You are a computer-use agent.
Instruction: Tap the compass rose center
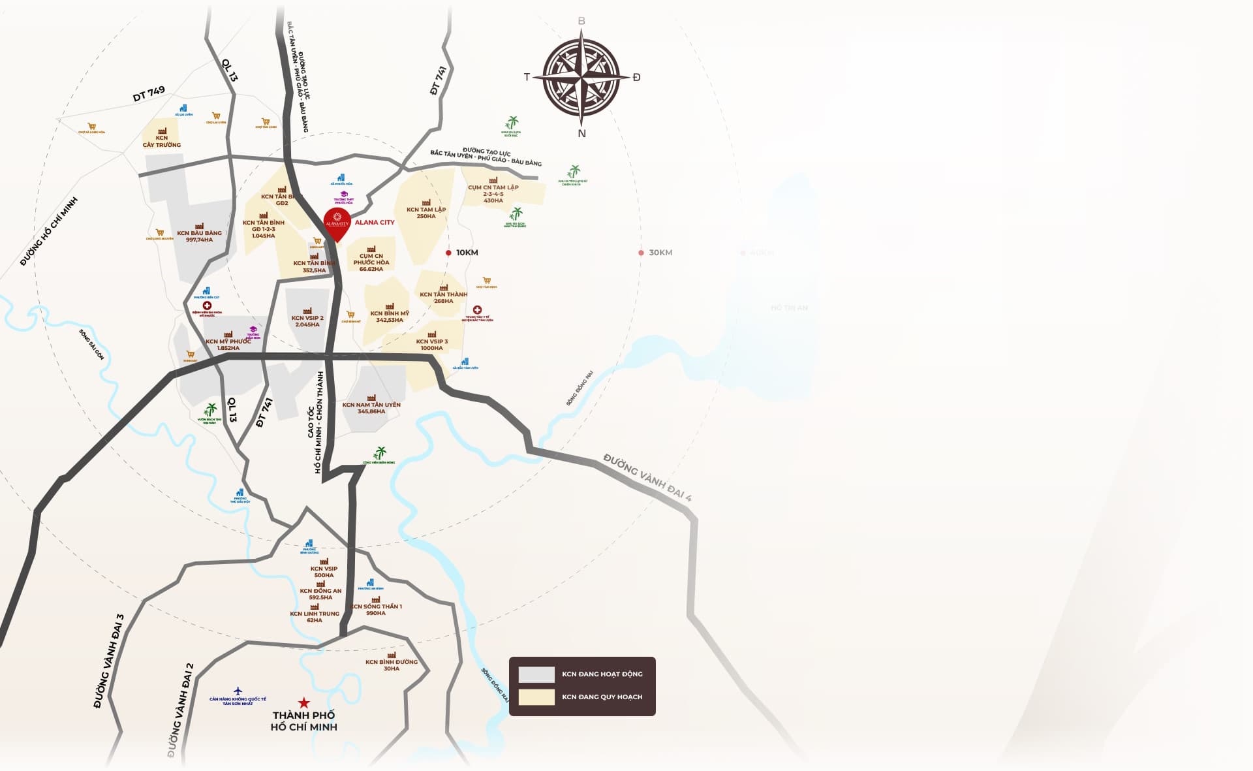pyautogui.click(x=581, y=77)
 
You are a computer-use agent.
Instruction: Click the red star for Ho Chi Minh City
pyautogui.click(x=303, y=702)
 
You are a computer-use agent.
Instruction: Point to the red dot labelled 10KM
pyautogui.click(x=448, y=253)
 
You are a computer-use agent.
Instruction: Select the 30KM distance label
pyautogui.click(x=660, y=253)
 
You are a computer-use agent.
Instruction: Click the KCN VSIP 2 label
pyautogui.click(x=307, y=321)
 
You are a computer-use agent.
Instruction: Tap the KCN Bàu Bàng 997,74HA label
pyautogui.click(x=199, y=236)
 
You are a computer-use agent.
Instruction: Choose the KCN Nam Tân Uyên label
pyautogui.click(x=371, y=408)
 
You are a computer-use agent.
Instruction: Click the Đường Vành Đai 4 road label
pyautogui.click(x=647, y=477)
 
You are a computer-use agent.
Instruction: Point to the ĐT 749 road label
pyautogui.click(x=149, y=94)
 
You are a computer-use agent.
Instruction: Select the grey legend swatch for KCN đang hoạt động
pyautogui.click(x=536, y=674)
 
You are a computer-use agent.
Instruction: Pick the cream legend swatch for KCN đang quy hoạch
pyautogui.click(x=536, y=697)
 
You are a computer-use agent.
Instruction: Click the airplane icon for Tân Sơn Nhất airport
pyautogui.click(x=238, y=691)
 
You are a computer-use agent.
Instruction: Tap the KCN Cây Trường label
pyautogui.click(x=162, y=141)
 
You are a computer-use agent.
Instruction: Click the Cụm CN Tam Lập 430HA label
pyautogui.click(x=493, y=194)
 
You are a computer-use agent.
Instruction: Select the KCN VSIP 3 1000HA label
pyautogui.click(x=432, y=345)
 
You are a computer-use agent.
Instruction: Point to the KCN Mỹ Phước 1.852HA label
pyautogui.click(x=228, y=345)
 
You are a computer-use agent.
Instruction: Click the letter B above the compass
pyautogui.click(x=581, y=21)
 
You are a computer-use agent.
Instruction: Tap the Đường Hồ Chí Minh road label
pyautogui.click(x=49, y=231)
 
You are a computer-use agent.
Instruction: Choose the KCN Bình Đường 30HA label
pyautogui.click(x=392, y=665)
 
